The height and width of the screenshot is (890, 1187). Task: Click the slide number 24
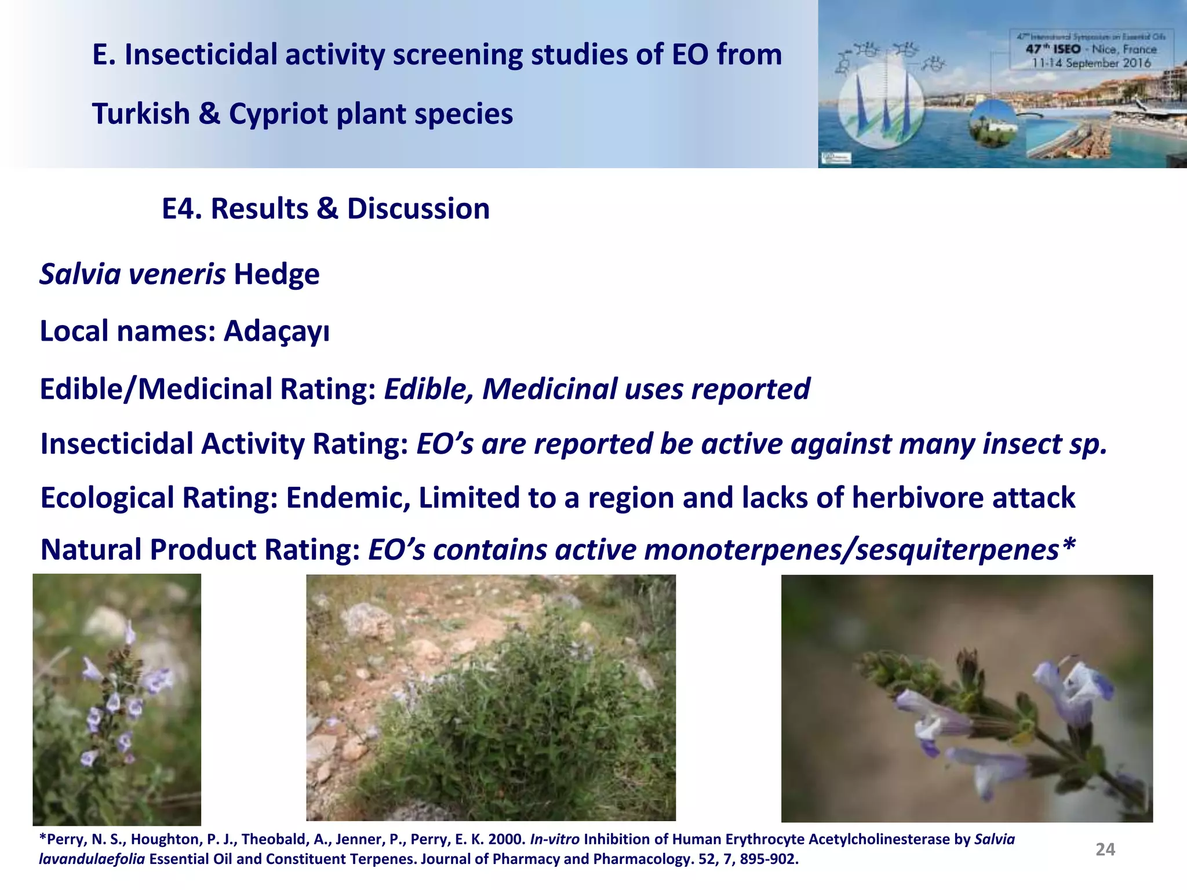tap(1105, 849)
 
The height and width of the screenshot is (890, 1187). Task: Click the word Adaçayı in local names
tap(276, 332)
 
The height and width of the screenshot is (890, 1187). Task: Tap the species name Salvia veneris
tap(132, 274)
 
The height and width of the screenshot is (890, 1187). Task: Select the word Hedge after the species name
tap(276, 274)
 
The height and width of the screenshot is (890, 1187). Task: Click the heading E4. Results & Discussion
tap(325, 209)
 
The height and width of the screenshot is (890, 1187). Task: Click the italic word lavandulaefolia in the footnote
tap(92, 859)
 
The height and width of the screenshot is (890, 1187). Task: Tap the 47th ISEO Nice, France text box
tap(1091, 50)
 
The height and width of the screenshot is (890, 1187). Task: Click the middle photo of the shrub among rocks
tap(490, 698)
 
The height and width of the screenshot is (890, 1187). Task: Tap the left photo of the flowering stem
tap(116, 699)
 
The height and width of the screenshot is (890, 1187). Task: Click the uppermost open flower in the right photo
tap(1072, 690)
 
